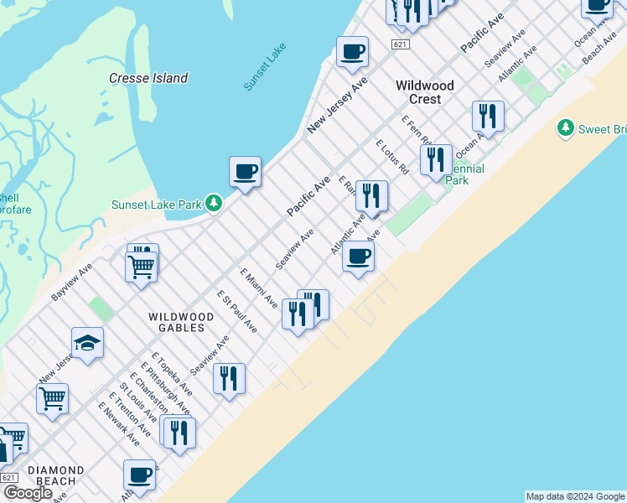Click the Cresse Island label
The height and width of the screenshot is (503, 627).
pyautogui.click(x=148, y=78)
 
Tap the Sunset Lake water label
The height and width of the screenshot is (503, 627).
pyautogui.click(x=264, y=66)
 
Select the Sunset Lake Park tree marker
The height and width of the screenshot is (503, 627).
pyautogui.click(x=215, y=204)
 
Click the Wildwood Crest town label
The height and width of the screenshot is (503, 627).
pyautogui.click(x=425, y=92)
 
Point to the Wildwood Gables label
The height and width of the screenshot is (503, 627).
pyautogui.click(x=181, y=317)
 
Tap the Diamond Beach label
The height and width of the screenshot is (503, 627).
pyautogui.click(x=55, y=475)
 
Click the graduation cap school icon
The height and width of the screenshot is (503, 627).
pyautogui.click(x=87, y=343)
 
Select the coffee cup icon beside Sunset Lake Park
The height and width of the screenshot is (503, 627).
pyautogui.click(x=245, y=172)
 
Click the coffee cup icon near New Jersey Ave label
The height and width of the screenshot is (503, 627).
pyautogui.click(x=352, y=52)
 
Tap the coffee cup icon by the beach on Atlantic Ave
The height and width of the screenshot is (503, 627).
pyautogui.click(x=358, y=257)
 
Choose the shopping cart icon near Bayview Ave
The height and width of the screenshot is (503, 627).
pyautogui.click(x=142, y=266)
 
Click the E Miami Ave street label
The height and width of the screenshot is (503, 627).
pyautogui.click(x=258, y=288)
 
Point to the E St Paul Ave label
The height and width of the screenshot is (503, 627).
pyautogui.click(x=237, y=311)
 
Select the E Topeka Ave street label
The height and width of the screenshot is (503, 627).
pyautogui.click(x=173, y=373)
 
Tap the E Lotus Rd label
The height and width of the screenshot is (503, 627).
pyautogui.click(x=391, y=157)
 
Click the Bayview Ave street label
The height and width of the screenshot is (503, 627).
pyautogui.click(x=71, y=280)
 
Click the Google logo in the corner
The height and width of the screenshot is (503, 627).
pyautogui.click(x=28, y=493)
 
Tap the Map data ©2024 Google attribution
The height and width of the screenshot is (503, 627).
pyautogui.click(x=575, y=496)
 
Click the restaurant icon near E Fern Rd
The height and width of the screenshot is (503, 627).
pyautogui.click(x=436, y=158)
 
